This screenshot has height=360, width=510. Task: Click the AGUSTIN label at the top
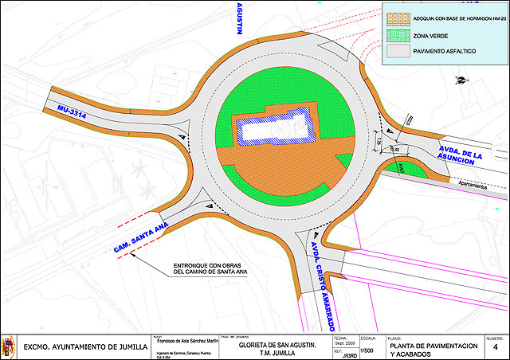238,18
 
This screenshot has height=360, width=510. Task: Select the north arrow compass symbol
460,77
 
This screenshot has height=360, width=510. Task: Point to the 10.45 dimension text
394,148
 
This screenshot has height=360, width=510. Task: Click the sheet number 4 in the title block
495,348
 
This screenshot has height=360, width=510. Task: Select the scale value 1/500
367,350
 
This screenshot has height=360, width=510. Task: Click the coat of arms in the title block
10,346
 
